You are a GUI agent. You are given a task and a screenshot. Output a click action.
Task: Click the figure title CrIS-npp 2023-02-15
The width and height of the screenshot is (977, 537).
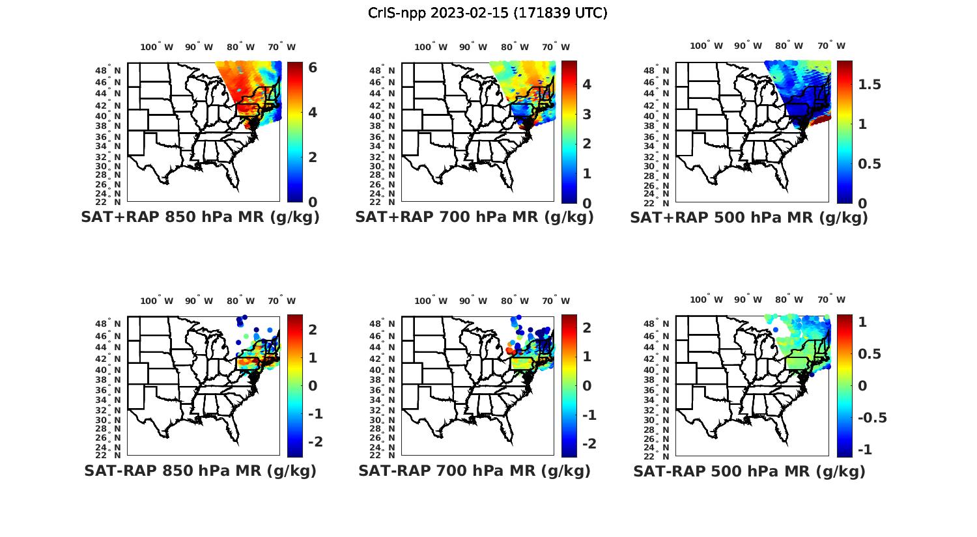click(x=487, y=13)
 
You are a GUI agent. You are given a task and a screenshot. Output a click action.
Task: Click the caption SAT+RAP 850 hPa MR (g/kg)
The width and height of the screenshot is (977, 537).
click(x=200, y=217)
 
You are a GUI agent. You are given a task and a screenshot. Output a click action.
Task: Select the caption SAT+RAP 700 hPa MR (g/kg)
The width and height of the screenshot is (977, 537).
click(x=474, y=217)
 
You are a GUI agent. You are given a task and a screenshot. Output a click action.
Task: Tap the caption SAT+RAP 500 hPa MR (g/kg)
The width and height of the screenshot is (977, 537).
click(x=749, y=217)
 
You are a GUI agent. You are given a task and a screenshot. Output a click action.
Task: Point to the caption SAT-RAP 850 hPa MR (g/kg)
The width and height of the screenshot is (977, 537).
click(x=200, y=471)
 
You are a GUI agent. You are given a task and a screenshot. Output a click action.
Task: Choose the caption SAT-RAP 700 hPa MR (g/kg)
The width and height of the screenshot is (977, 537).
click(x=474, y=471)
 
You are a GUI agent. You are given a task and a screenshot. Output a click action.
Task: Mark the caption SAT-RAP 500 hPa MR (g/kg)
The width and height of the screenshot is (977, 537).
click(x=749, y=471)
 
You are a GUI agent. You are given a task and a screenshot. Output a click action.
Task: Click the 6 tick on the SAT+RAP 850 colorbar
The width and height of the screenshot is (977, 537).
click(x=313, y=68)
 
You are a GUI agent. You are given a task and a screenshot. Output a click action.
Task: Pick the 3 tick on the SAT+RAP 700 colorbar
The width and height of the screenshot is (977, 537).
click(x=586, y=114)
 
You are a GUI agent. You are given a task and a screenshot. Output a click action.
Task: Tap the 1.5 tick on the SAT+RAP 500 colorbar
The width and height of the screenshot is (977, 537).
click(x=870, y=85)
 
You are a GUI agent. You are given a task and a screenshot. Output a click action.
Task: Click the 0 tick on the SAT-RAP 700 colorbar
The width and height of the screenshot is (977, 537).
click(x=586, y=385)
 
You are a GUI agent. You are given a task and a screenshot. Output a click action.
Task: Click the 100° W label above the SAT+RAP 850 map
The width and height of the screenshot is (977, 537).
click(x=157, y=47)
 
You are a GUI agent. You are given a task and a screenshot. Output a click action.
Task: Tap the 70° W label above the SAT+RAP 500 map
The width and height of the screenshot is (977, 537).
click(x=831, y=46)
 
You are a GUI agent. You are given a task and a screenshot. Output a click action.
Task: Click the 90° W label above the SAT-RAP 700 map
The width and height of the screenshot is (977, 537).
click(x=473, y=301)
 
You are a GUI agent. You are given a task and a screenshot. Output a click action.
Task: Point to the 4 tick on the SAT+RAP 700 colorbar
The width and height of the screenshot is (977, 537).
click(x=586, y=85)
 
